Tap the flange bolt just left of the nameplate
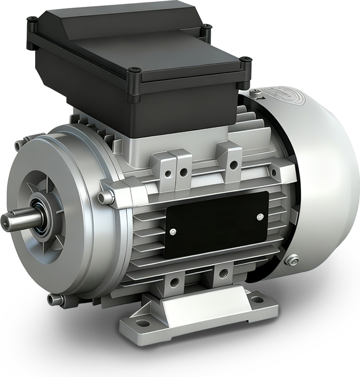pyautogui.click(x=104, y=196)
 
